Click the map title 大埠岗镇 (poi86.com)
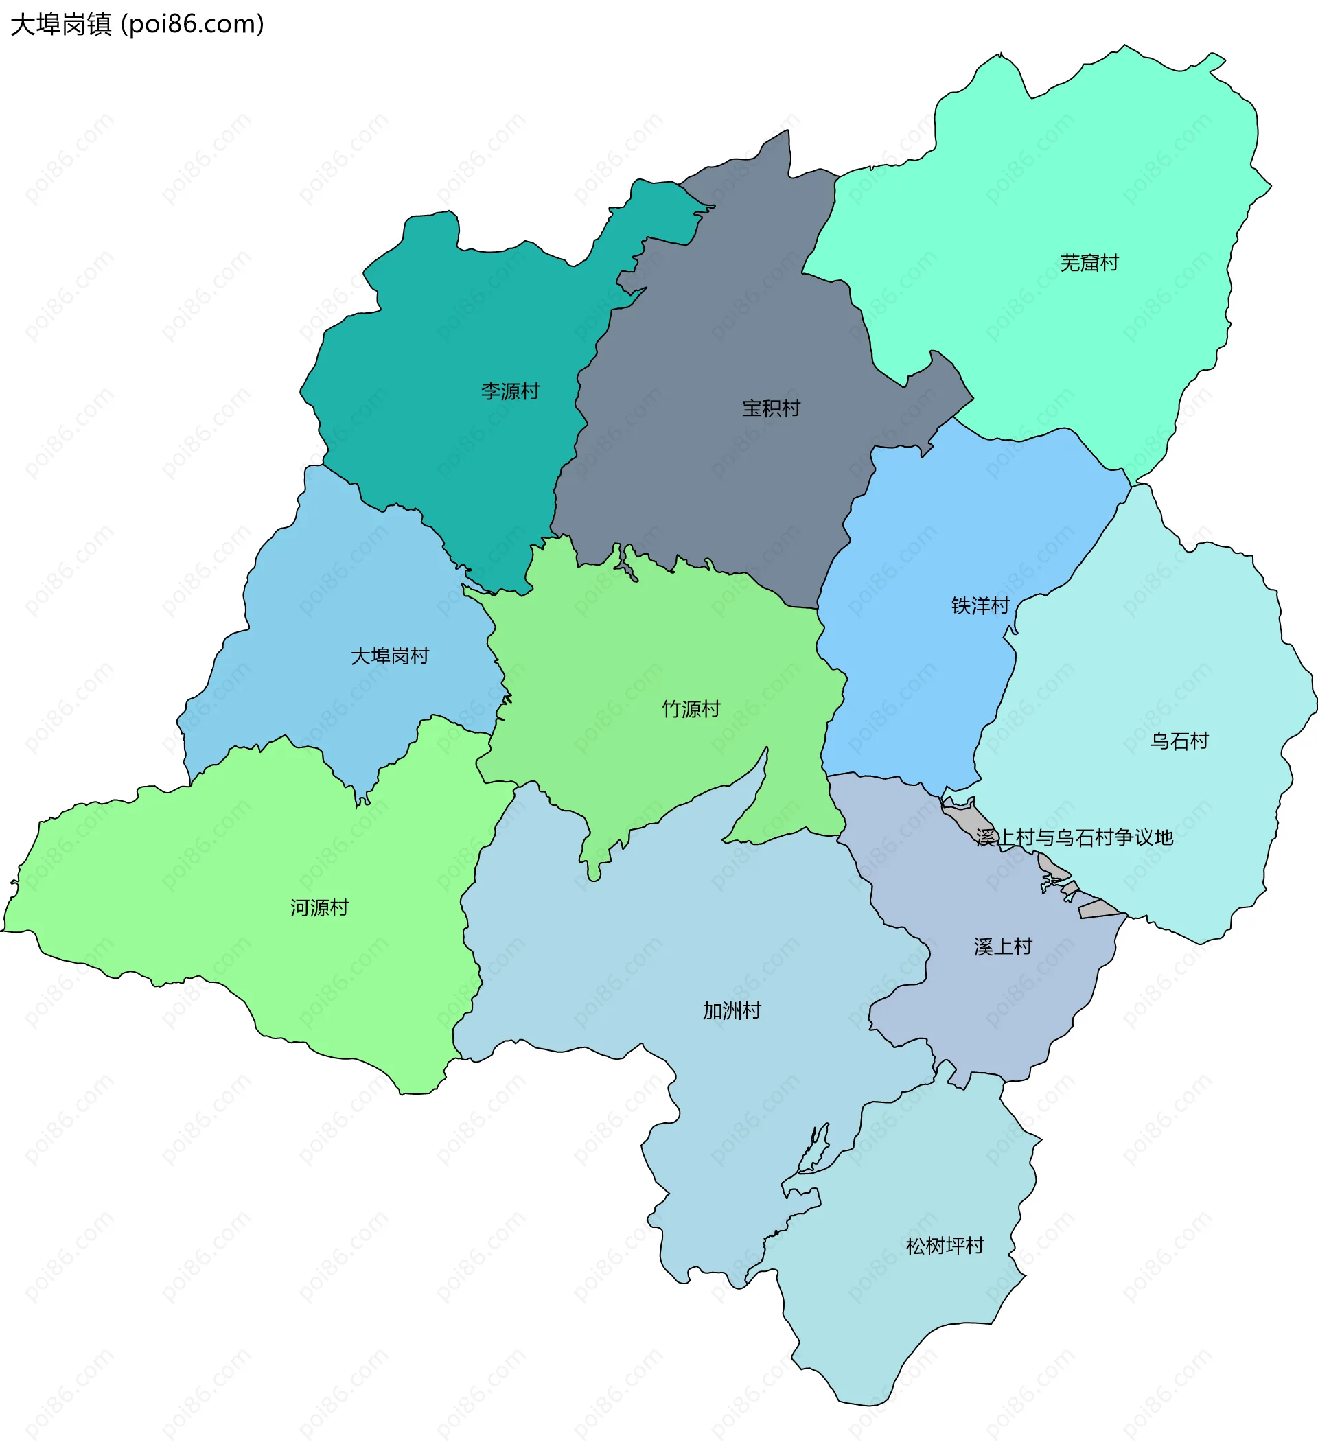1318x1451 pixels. click(137, 25)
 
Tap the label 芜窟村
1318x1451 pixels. click(1089, 264)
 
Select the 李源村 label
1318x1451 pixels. click(509, 391)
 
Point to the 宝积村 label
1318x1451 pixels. click(771, 409)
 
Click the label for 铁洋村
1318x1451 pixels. click(980, 606)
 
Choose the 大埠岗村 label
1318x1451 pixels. click(389, 656)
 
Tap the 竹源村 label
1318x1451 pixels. click(691, 710)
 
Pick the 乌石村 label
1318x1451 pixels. click(1179, 741)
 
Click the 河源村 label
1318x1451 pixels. click(319, 908)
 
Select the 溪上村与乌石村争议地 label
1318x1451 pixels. click(1075, 838)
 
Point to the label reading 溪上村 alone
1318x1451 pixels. click(1003, 947)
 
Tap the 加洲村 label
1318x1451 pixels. click(731, 1011)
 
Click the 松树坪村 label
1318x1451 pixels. click(945, 1246)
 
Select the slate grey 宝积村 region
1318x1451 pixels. click(720, 324)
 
